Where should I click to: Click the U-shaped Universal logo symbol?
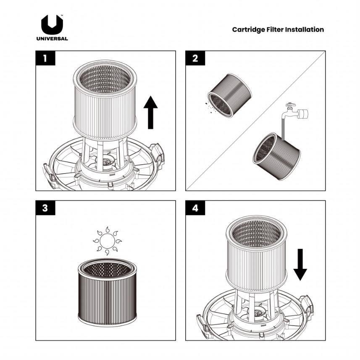click(x=52, y=25)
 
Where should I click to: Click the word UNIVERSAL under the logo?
click(x=52, y=39)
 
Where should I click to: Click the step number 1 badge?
click(x=46, y=58)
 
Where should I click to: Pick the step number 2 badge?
click(x=195, y=58)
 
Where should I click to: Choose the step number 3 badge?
click(x=46, y=208)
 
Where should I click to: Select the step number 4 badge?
click(x=195, y=208)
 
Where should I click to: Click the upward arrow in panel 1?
click(x=150, y=112)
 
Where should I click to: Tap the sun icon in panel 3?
click(x=107, y=241)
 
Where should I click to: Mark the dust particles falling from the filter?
click(x=209, y=105)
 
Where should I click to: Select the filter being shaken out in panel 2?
click(x=230, y=95)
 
